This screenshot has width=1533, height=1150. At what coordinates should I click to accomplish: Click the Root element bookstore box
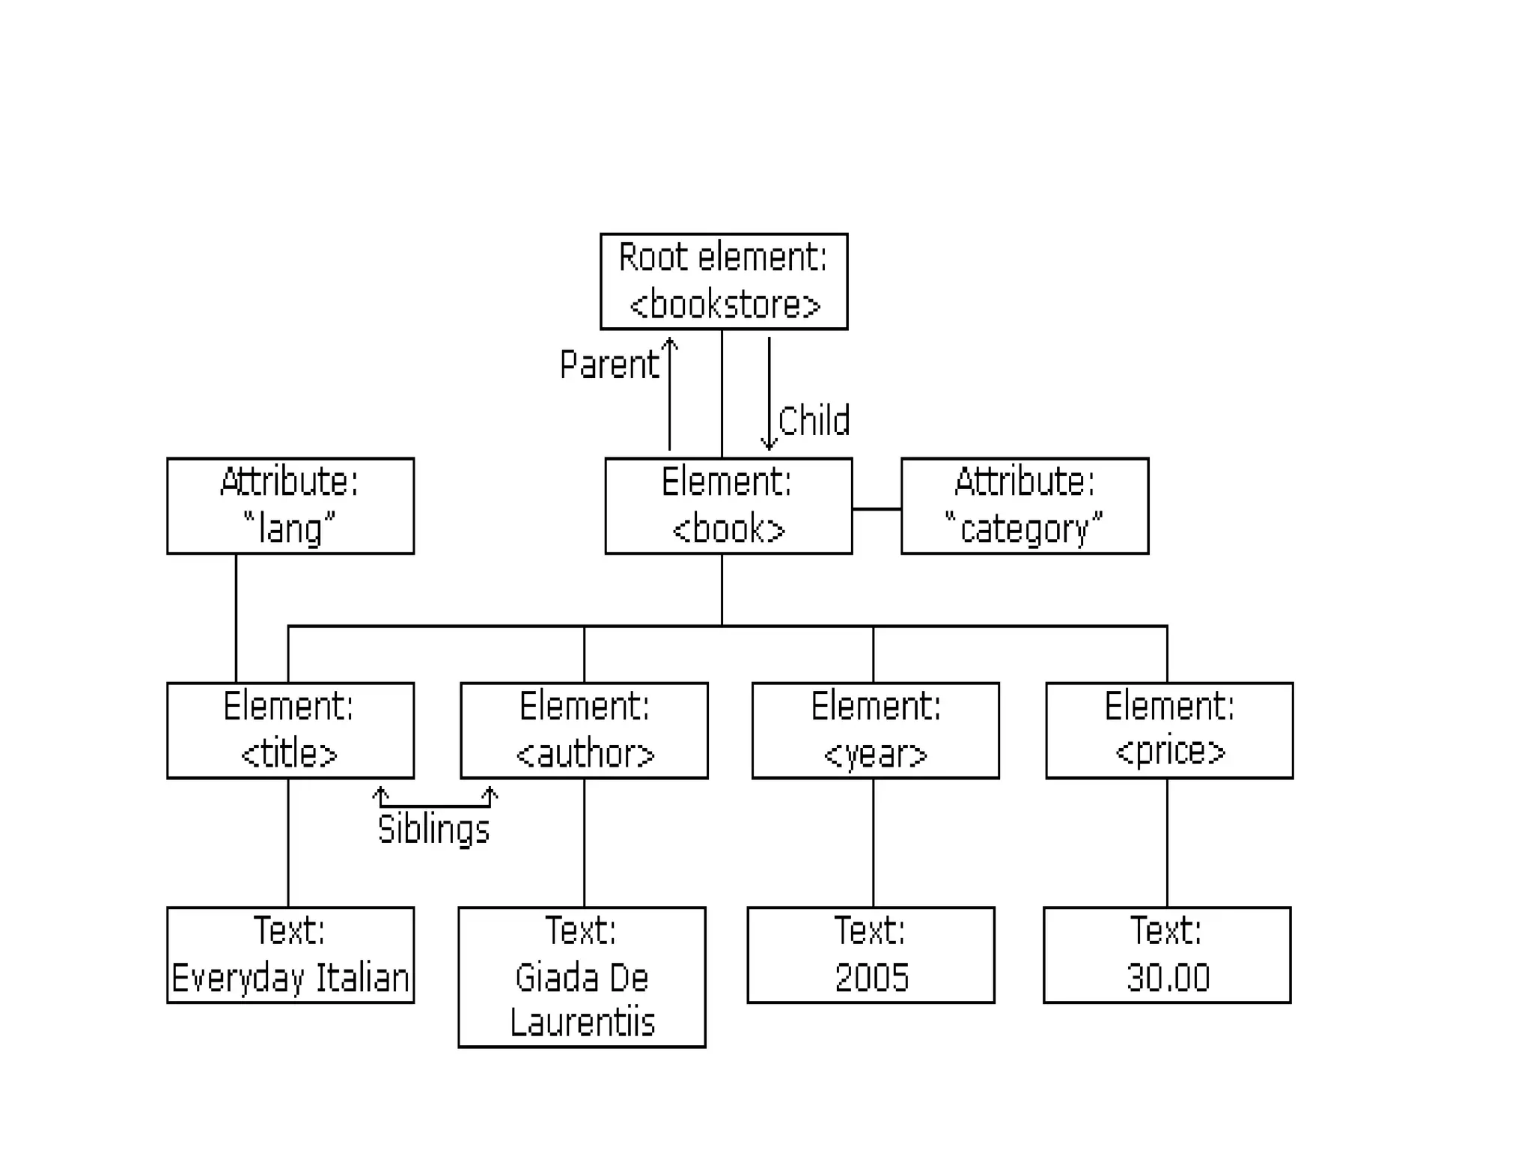tap(723, 282)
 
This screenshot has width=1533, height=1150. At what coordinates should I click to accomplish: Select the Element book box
tap(728, 506)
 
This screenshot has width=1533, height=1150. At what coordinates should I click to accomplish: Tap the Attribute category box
tap(1024, 506)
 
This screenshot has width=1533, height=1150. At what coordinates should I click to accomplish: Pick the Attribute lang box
tap(290, 506)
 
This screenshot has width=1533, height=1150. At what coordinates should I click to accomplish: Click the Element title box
tap(290, 731)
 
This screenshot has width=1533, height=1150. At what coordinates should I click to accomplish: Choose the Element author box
tap(584, 731)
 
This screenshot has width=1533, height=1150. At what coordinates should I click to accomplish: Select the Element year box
tap(875, 731)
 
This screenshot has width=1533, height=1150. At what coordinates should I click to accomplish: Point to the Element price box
tap(1168, 731)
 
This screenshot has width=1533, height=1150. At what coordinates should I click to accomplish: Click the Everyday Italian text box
tap(290, 955)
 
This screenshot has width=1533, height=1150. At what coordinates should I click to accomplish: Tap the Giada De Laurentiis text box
tap(582, 977)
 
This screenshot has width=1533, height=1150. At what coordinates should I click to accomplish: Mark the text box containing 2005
tap(871, 955)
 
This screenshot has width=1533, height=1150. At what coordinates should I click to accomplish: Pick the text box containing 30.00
tap(1167, 955)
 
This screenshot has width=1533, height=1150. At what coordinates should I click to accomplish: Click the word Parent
tap(609, 365)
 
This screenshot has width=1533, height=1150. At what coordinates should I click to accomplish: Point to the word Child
tap(814, 421)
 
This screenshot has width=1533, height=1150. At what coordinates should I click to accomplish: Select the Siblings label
tap(433, 830)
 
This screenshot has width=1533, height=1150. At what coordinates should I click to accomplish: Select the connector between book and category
tap(877, 509)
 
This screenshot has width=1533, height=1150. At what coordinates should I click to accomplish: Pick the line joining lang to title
tap(236, 618)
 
